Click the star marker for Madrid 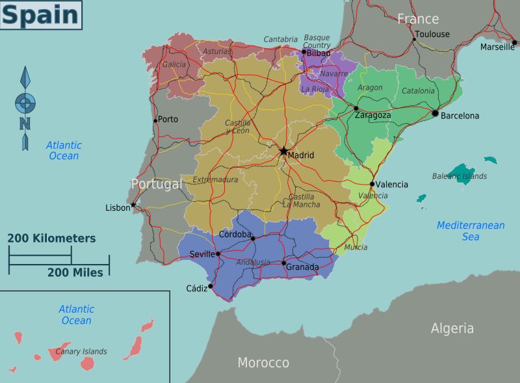(x=283, y=151)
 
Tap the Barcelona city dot (x=435, y=113)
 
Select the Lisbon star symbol (x=133, y=205)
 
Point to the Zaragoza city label (x=372, y=116)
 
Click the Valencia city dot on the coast (x=372, y=184)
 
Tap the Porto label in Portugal (x=168, y=119)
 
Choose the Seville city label (x=201, y=254)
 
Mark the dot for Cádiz (x=210, y=285)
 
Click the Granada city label (x=302, y=267)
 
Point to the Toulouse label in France (x=432, y=34)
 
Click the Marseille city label (x=497, y=47)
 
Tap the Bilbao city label (x=318, y=53)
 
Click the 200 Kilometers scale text (x=51, y=239)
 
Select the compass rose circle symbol (x=25, y=102)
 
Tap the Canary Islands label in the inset (x=81, y=352)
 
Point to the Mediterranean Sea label (x=471, y=231)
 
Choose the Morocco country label (x=263, y=362)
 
